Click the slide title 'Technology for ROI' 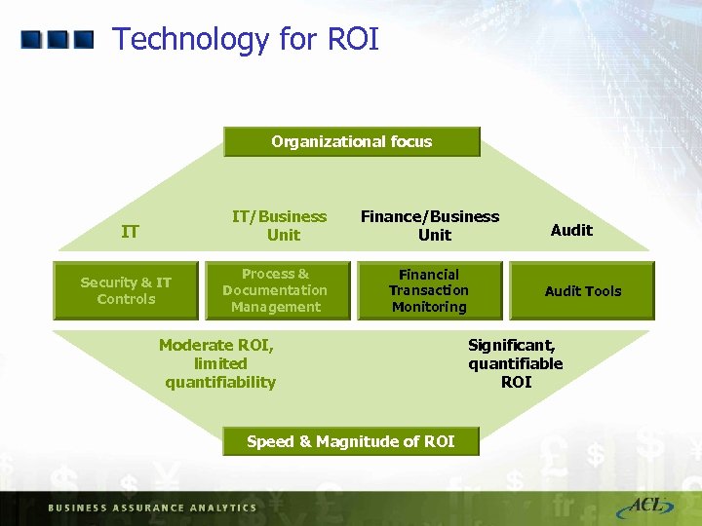click(x=245, y=40)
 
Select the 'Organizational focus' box click(x=352, y=142)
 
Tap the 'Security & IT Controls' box click(x=126, y=290)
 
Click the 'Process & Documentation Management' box click(x=275, y=290)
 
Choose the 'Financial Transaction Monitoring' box click(x=429, y=290)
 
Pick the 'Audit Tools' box click(x=582, y=290)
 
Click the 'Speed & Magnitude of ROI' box click(x=351, y=441)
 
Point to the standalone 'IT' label click(x=130, y=232)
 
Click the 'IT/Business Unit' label click(x=279, y=225)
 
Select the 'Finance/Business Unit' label click(x=430, y=225)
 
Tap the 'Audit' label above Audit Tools click(x=571, y=230)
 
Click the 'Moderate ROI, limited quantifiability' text click(x=219, y=363)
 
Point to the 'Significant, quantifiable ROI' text click(x=515, y=363)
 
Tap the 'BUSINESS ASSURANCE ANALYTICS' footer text click(x=152, y=507)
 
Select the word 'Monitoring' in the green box click(x=429, y=307)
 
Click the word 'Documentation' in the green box click(x=275, y=290)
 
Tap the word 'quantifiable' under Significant click(x=515, y=363)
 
